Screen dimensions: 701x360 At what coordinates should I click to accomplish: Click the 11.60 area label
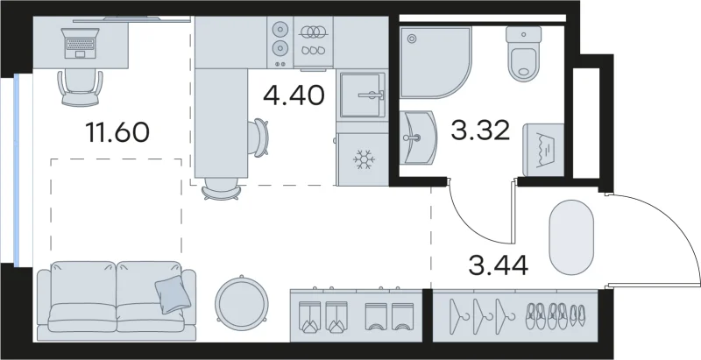click(x=117, y=132)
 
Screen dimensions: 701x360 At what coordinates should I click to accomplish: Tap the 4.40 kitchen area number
click(x=294, y=95)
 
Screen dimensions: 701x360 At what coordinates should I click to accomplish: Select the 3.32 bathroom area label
click(x=480, y=131)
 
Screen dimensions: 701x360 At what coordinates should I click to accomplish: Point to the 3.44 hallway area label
click(x=498, y=265)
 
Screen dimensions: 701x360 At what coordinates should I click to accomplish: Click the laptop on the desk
click(x=81, y=43)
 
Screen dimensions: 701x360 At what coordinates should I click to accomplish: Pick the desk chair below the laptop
click(x=81, y=88)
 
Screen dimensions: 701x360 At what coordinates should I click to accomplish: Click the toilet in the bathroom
click(x=524, y=53)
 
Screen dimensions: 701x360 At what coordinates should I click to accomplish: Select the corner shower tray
click(x=435, y=62)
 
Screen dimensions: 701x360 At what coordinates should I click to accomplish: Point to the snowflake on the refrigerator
click(x=364, y=159)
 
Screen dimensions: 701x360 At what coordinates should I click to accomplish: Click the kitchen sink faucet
click(x=371, y=95)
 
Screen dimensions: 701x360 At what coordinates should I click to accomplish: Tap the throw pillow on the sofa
click(x=173, y=294)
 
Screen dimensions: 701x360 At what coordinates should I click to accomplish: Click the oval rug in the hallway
click(x=571, y=237)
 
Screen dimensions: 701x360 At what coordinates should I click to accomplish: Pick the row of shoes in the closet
click(x=555, y=316)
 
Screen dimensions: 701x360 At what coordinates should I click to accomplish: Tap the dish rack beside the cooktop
click(x=313, y=41)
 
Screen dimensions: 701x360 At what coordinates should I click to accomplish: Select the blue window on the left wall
click(x=17, y=170)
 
